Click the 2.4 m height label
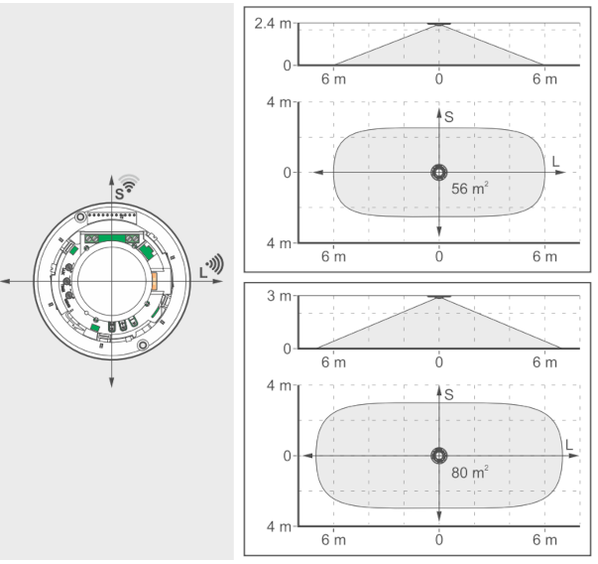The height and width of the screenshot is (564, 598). pos(273,24)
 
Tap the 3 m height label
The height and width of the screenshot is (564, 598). pos(279,296)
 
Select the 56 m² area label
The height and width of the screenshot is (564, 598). pos(469,189)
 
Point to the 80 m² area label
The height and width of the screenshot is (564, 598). pos(469,472)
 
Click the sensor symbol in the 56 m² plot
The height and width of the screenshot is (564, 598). pos(439,172)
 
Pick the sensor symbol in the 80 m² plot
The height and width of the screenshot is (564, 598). pos(439,456)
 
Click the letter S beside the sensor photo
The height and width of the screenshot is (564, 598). pos(119,194)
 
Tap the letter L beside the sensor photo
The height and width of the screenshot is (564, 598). pos(203,272)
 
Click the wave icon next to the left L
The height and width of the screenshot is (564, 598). pos(215,263)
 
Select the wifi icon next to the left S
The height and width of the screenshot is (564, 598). pos(129,184)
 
